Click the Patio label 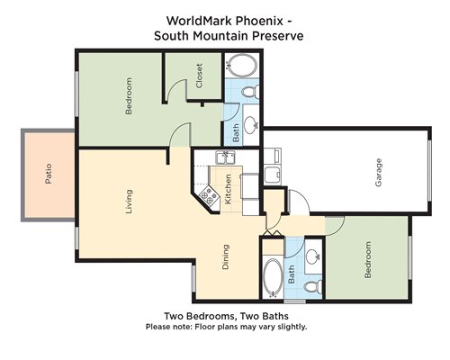point(49,174)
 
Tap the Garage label point(379,173)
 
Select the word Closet point(199,76)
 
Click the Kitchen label point(228,189)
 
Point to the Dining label point(226,257)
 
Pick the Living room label point(129,202)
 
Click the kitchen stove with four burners point(209,196)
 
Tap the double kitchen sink point(226,157)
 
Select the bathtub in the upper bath point(242,66)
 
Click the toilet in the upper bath point(250,92)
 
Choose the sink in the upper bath point(250,123)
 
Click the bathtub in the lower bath point(273,277)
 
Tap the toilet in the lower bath point(313,286)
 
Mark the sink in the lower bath point(313,256)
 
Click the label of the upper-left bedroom point(129,96)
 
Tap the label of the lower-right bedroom point(367,260)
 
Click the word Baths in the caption point(275,316)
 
